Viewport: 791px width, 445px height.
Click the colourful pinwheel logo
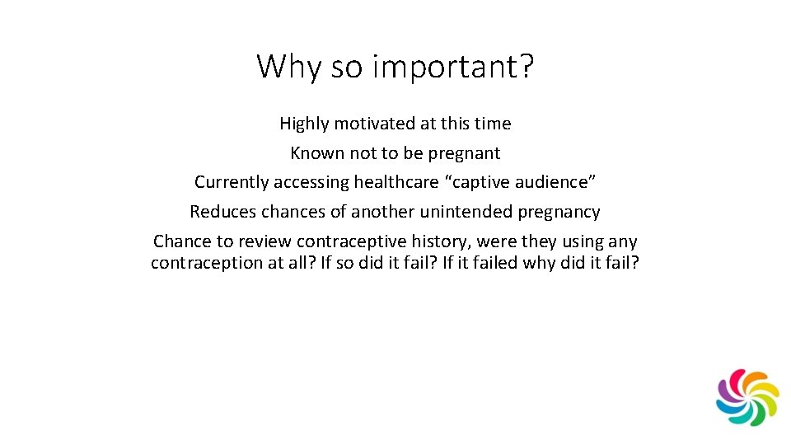(x=747, y=397)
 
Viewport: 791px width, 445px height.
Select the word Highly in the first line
(x=304, y=124)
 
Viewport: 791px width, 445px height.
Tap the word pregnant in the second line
(x=465, y=153)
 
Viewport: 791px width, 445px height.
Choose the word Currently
(x=231, y=182)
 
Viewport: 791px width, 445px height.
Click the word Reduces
(x=223, y=212)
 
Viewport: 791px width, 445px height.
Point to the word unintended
(x=466, y=212)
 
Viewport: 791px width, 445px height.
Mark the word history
(x=434, y=241)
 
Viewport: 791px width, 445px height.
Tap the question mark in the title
(x=527, y=66)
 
